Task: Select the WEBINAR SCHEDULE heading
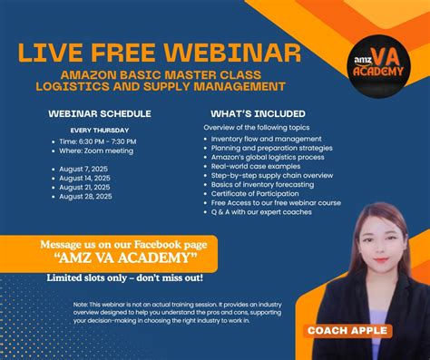(100, 113)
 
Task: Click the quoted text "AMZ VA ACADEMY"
(124, 258)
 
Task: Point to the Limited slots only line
(125, 277)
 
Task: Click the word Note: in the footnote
(80, 305)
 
